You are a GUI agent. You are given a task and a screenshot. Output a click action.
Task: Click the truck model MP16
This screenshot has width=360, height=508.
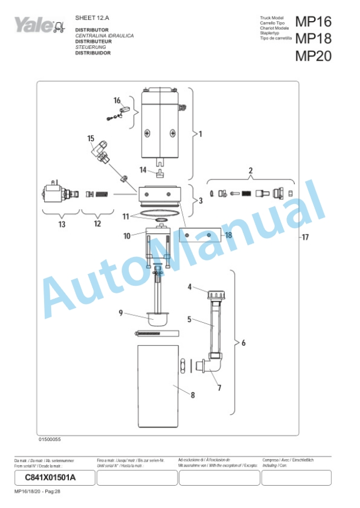[x=313, y=22]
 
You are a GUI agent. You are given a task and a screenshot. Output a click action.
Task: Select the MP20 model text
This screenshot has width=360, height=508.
[x=313, y=56]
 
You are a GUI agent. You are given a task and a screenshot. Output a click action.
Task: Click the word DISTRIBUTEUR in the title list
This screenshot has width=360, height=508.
[x=92, y=42]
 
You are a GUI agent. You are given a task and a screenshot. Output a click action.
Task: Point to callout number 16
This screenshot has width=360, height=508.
[x=117, y=100]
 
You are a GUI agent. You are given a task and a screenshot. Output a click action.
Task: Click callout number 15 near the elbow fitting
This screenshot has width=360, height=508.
[x=91, y=138]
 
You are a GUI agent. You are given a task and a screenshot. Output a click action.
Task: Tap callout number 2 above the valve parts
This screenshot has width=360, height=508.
[x=250, y=171]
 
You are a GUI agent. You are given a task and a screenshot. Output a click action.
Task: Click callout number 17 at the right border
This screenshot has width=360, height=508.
[x=305, y=238]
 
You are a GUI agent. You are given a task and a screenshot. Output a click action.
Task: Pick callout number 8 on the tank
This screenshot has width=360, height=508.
[x=192, y=395]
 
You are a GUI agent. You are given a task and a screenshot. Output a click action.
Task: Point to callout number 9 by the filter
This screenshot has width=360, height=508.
[x=121, y=313]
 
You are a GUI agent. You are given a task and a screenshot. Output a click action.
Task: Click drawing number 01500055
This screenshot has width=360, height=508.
[x=50, y=439]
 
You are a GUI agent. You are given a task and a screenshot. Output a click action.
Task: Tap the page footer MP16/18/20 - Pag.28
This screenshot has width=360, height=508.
[x=38, y=491]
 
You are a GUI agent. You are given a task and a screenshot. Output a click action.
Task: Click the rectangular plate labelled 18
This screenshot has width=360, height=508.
[x=200, y=235]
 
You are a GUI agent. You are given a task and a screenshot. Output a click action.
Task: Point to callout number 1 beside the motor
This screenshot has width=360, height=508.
[x=200, y=134]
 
